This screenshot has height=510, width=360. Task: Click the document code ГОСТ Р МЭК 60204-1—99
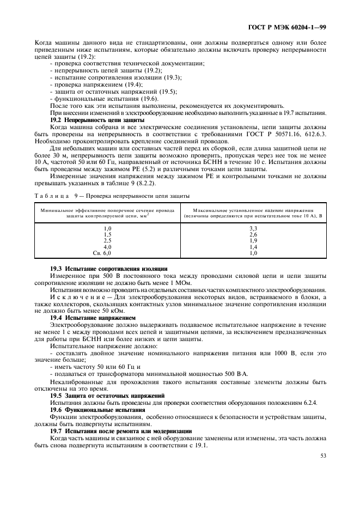(294, 27)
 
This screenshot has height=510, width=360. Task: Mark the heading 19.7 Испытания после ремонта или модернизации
(120, 430)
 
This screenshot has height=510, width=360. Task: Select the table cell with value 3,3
(253, 228)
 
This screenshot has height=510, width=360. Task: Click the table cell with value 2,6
(253, 234)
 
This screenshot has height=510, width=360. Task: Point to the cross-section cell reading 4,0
(107, 247)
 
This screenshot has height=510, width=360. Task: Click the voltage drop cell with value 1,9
(253, 241)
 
